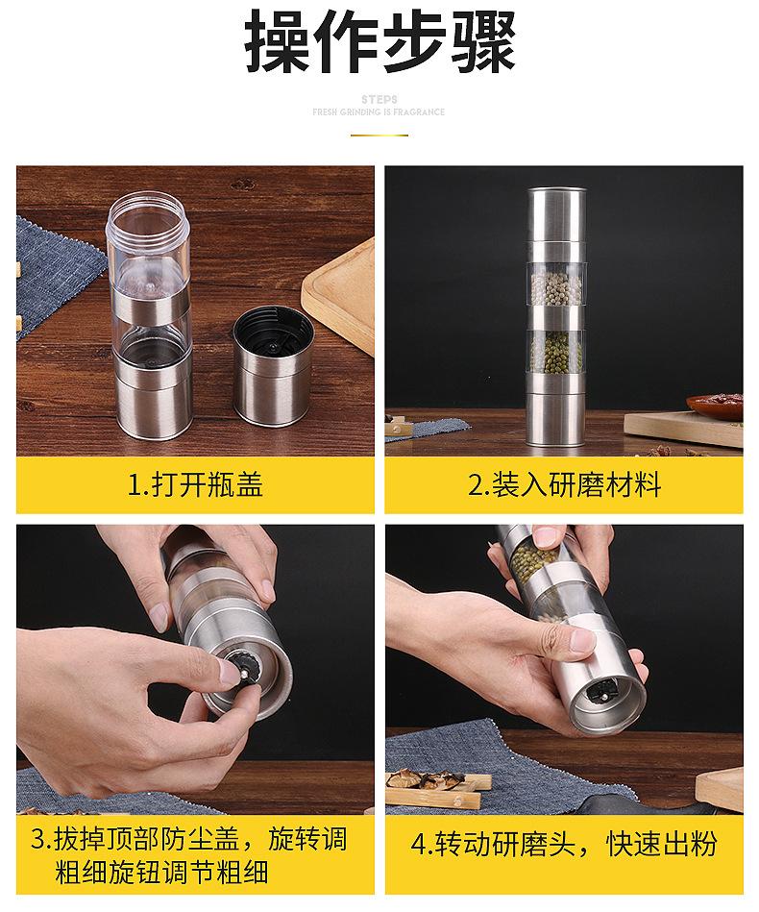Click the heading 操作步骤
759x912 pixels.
pyautogui.click(x=379, y=39)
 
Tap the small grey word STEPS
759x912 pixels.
pyautogui.click(x=379, y=99)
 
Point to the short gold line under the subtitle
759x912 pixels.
pyautogui.click(x=379, y=135)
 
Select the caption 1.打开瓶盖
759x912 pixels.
pyautogui.click(x=195, y=484)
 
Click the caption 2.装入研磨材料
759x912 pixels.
pyautogui.click(x=564, y=484)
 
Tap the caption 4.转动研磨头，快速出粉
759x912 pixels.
pyautogui.click(x=564, y=845)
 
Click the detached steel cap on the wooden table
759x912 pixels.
pyautogui.click(x=272, y=366)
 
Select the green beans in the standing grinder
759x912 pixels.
pyautogui.click(x=556, y=352)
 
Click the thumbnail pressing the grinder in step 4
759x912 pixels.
pyautogui.click(x=583, y=640)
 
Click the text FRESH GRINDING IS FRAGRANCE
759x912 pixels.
pyautogui.click(x=379, y=111)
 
